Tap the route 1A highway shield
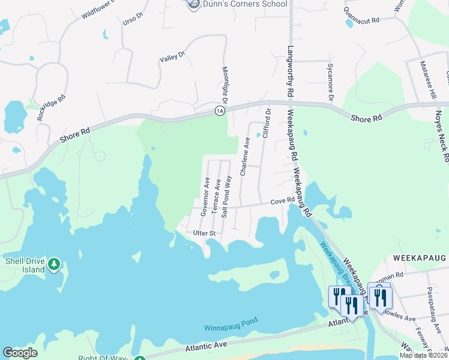[220, 111]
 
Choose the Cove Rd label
[282, 202]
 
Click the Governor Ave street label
[206, 196]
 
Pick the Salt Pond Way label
[226, 196]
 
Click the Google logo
[20, 353]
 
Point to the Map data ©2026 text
[423, 355]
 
